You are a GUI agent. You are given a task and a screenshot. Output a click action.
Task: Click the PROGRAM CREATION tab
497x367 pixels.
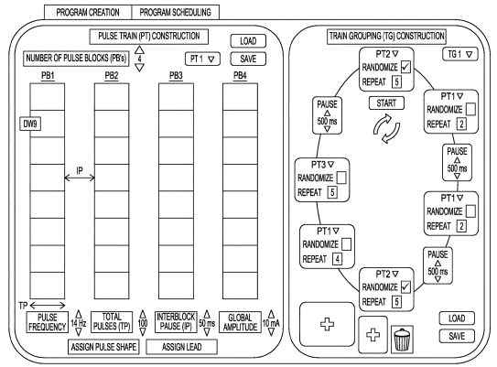click(x=89, y=13)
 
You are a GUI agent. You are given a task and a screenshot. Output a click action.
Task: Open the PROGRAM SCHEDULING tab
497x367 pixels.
click(x=175, y=13)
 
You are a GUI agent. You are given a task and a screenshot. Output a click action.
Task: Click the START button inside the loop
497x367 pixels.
click(x=378, y=103)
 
